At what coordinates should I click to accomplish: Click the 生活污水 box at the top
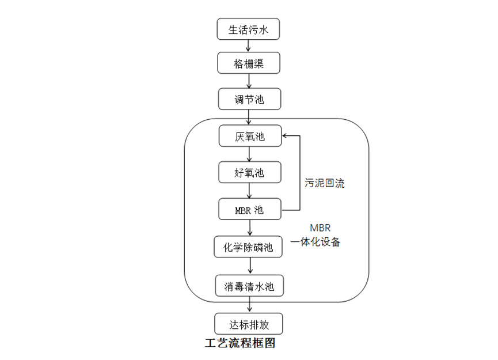pos(248,29)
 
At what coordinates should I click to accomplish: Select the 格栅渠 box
pos(249,63)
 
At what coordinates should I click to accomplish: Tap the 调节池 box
pos(249,98)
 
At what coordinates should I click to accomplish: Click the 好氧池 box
pos(250,172)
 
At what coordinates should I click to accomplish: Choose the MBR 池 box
pos(250,209)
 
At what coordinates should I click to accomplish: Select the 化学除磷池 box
pos(249,247)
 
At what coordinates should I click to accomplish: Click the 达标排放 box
pos(249,323)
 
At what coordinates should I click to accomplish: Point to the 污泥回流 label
pos(325,184)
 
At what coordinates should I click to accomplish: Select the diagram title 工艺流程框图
pos(240,344)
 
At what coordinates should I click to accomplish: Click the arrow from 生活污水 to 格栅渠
pos(249,46)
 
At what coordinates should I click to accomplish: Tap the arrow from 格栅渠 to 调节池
pos(249,81)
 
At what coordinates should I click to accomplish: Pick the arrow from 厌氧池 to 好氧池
pos(249,154)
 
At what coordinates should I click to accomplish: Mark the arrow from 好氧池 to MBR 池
pos(249,191)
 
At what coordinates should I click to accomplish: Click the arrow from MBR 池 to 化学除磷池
pos(249,228)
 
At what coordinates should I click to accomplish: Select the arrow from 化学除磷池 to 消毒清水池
pos(249,266)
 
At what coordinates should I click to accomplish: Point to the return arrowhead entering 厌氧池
pos(285,137)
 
